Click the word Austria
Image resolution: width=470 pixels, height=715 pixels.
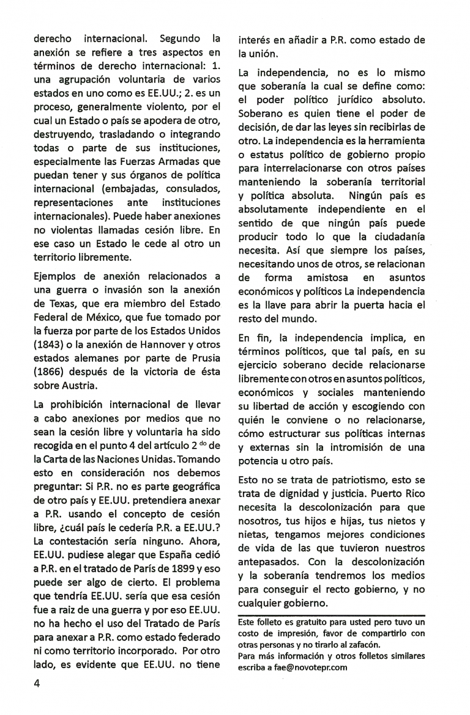pyautogui.click(x=80, y=386)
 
